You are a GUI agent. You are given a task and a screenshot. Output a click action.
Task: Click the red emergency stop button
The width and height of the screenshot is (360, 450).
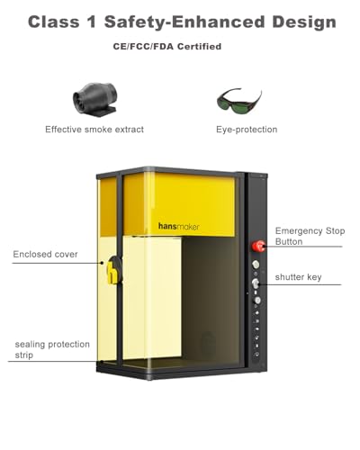(257, 246)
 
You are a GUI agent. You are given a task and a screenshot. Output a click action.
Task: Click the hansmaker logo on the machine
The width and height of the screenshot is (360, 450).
(178, 227)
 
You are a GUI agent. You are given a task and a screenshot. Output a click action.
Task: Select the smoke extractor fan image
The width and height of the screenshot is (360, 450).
(95, 98)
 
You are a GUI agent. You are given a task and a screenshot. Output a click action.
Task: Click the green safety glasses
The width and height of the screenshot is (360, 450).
(239, 100)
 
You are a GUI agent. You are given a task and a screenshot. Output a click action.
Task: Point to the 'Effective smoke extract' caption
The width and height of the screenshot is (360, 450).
(94, 130)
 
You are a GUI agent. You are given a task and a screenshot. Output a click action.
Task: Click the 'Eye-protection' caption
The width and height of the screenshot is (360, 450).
(247, 130)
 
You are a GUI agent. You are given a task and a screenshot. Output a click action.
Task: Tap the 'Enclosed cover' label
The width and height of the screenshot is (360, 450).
(45, 254)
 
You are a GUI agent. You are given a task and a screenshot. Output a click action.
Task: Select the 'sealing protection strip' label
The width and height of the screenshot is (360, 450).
(52, 349)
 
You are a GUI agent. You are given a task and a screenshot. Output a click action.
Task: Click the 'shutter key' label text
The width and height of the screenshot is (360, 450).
(298, 277)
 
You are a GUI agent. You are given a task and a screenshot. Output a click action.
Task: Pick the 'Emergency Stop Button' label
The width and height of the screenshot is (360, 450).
(310, 236)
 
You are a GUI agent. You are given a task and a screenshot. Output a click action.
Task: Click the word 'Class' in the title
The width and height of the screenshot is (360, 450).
(54, 22)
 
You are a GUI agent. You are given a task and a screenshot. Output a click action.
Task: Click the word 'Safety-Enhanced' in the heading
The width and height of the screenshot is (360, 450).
(184, 22)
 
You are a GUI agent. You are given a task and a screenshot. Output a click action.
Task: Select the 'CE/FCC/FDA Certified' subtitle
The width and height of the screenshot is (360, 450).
(167, 47)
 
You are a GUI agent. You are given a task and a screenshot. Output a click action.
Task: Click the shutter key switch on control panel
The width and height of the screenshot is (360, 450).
(256, 283)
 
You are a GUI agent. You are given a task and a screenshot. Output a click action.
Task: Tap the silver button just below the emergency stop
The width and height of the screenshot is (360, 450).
(256, 265)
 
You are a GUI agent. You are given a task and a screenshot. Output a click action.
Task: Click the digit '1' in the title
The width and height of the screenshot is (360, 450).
(92, 22)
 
